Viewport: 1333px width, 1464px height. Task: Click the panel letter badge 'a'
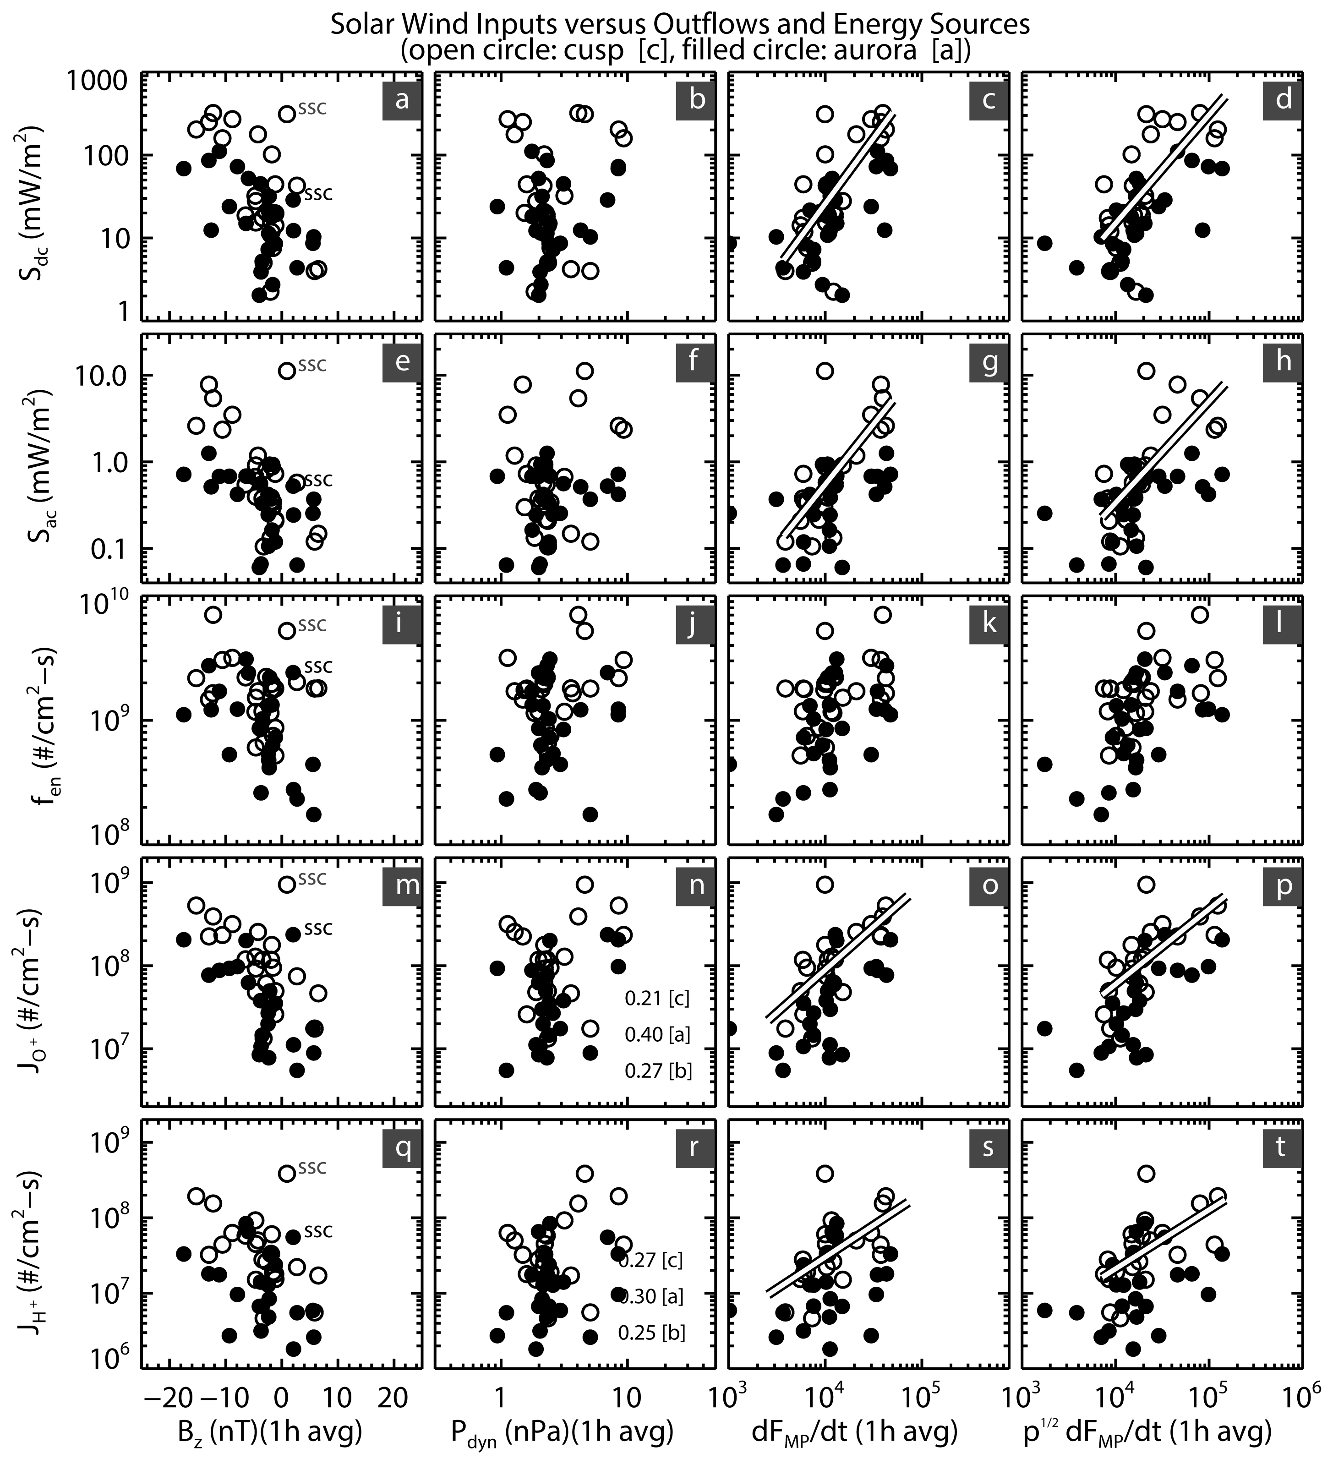[401, 99]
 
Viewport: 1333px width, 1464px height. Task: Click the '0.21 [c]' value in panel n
[657, 999]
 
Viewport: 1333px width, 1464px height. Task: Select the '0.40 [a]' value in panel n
[657, 1034]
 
